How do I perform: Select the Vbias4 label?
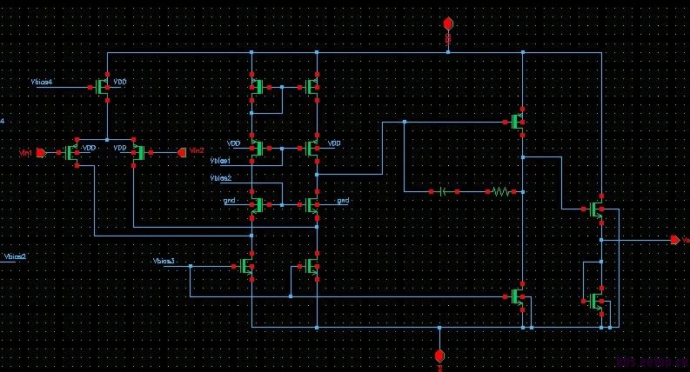(x=41, y=82)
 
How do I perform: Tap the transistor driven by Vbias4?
(x=101, y=86)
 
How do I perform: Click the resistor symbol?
(x=501, y=190)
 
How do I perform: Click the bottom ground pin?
(x=439, y=356)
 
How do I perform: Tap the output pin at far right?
(x=674, y=240)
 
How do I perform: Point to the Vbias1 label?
(x=221, y=161)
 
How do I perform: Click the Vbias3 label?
(x=164, y=261)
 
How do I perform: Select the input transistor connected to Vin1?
(x=72, y=152)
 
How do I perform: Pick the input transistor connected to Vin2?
(x=138, y=152)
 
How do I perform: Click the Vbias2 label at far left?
(x=16, y=257)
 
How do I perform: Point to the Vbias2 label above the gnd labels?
(x=221, y=178)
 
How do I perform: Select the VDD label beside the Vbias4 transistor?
(x=120, y=82)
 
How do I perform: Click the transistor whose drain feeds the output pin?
(x=595, y=209)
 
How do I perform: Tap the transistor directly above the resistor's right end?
(x=519, y=121)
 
